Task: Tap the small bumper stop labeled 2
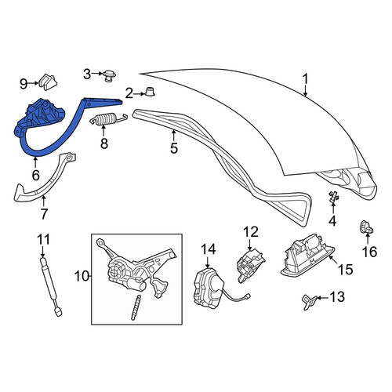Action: [150, 91]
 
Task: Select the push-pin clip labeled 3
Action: [109, 76]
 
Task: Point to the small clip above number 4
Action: [333, 197]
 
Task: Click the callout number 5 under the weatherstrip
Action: [174, 148]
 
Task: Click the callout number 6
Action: [35, 175]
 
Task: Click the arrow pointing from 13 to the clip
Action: [322, 298]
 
